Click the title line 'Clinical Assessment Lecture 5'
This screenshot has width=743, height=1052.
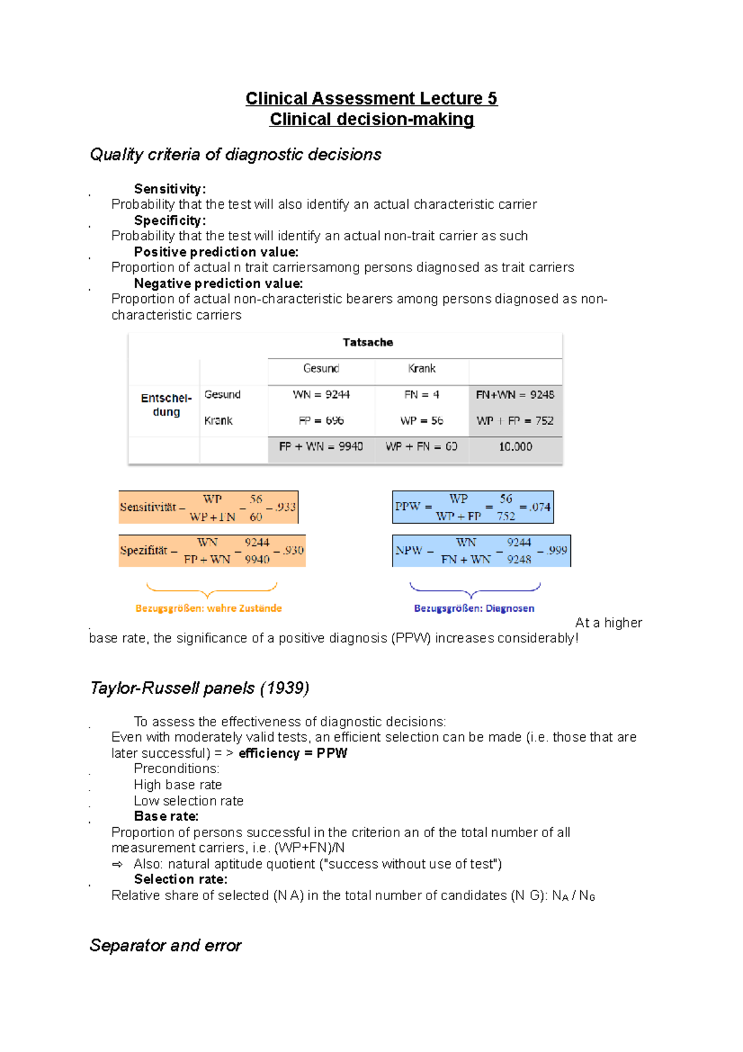(371, 99)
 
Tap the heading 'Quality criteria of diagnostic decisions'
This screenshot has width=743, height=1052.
(235, 154)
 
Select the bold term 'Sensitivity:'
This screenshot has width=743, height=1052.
(170, 189)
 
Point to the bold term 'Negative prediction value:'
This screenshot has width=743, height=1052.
(218, 284)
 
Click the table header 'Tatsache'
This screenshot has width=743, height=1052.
(368, 343)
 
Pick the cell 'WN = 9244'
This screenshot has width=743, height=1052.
(321, 395)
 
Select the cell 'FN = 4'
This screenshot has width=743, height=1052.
(422, 395)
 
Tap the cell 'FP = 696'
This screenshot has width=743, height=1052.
(321, 421)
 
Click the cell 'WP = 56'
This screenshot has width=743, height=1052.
(422, 421)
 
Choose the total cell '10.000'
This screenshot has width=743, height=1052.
(515, 447)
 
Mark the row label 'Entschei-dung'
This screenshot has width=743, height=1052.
(166, 405)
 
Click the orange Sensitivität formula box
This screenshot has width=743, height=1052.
(209, 507)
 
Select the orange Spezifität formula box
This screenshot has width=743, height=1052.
(212, 551)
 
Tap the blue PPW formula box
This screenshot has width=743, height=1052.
(472, 507)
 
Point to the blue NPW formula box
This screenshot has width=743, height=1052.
(481, 551)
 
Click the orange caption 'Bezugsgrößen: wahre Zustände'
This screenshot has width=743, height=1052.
(209, 608)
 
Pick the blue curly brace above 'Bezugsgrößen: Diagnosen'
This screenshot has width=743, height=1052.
(474, 589)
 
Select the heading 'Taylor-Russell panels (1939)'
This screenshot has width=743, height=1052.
(199, 688)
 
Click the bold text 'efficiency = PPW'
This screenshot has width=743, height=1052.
(293, 753)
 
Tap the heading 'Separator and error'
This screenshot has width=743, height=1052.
(165, 945)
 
